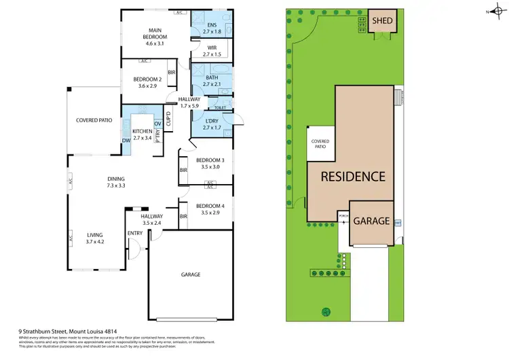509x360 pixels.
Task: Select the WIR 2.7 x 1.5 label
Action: (x=212, y=51)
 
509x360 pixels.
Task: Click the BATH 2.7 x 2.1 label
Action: (x=212, y=81)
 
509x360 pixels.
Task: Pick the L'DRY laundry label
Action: (x=212, y=124)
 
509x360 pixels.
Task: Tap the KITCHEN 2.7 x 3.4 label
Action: (x=142, y=134)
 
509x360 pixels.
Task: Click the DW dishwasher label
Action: (x=126, y=141)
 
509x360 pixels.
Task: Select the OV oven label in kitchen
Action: (x=157, y=124)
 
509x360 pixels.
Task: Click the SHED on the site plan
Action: (x=383, y=21)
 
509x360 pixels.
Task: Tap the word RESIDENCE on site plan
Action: (x=353, y=177)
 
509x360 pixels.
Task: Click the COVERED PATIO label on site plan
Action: (x=320, y=143)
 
